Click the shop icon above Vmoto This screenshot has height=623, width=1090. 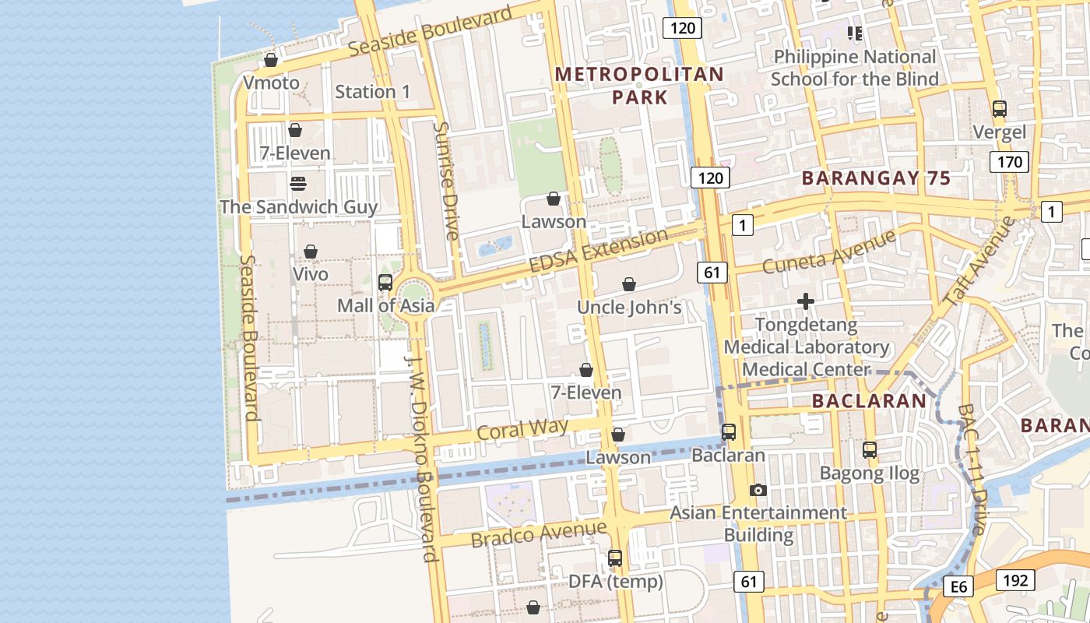271,60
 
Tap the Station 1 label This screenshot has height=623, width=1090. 372,92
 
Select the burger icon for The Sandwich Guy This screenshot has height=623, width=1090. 298,184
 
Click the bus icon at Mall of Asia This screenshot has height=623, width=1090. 385,283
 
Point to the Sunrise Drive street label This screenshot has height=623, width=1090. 446,181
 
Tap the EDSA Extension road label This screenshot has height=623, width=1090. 598,250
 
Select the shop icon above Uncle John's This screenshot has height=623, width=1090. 629,285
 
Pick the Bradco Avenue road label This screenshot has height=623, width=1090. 538,534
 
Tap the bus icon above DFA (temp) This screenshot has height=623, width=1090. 615,558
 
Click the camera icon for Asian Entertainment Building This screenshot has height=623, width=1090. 758,491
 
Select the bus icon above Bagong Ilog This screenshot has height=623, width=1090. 870,450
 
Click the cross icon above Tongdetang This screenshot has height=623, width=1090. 806,301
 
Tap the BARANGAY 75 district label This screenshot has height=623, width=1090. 876,178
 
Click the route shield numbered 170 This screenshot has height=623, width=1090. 1009,162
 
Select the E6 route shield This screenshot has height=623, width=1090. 958,586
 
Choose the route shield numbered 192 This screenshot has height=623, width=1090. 1014,580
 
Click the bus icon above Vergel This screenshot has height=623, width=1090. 1000,109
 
